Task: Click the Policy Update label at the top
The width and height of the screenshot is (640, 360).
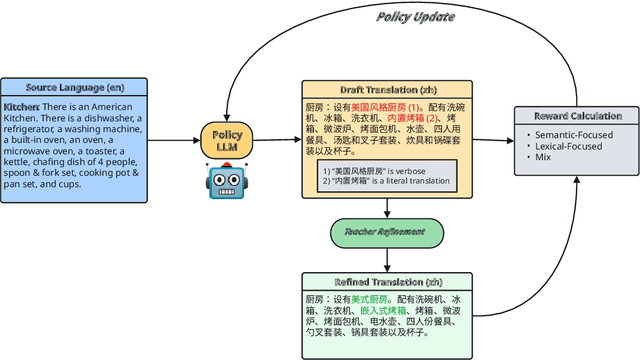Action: point(416,16)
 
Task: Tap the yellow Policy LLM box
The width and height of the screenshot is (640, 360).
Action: point(227,141)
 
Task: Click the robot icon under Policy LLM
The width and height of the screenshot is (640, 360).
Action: point(227,181)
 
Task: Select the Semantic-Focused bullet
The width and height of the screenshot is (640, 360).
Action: point(580,135)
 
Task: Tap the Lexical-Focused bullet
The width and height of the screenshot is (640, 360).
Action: point(575,146)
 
